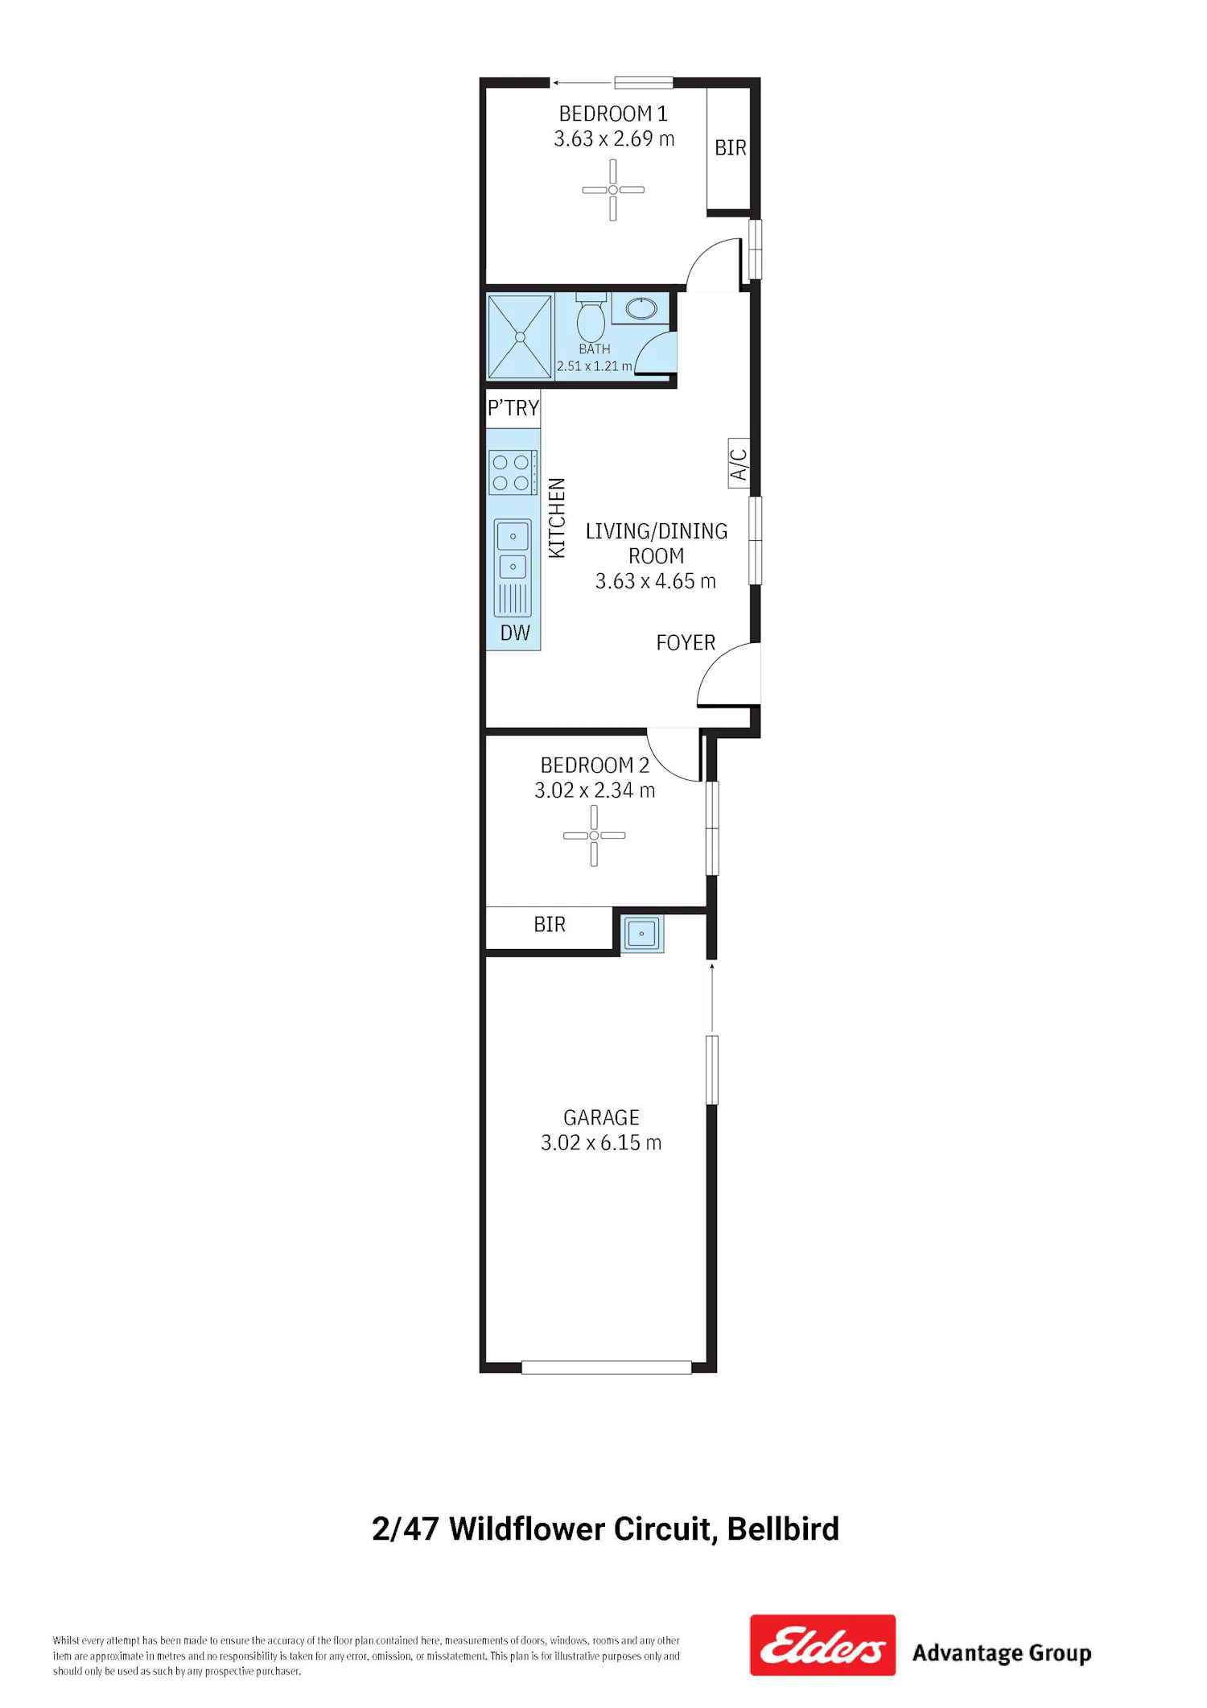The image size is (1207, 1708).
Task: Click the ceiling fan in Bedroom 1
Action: coord(613,190)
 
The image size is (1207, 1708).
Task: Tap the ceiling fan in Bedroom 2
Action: coord(594,835)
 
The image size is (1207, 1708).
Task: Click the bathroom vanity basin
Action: coord(641,308)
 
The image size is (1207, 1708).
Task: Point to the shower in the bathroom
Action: coord(520,336)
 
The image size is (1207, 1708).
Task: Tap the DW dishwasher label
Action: coord(515,633)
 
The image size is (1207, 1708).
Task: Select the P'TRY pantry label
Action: coord(513,408)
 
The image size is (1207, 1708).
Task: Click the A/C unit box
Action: coord(739,464)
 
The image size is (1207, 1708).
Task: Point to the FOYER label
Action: coord(686,642)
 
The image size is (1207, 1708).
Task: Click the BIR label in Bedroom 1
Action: coord(731,148)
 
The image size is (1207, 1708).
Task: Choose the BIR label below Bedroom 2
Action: coord(550,924)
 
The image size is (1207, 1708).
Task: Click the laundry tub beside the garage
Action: coord(642,934)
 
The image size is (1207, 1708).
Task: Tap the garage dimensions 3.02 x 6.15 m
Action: coord(601,1143)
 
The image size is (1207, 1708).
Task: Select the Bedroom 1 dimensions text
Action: coord(614,139)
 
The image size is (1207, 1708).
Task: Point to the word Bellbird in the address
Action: coord(783,1529)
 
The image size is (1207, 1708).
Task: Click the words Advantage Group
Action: coord(1002,1653)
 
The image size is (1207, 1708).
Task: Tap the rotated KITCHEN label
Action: coord(557,518)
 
